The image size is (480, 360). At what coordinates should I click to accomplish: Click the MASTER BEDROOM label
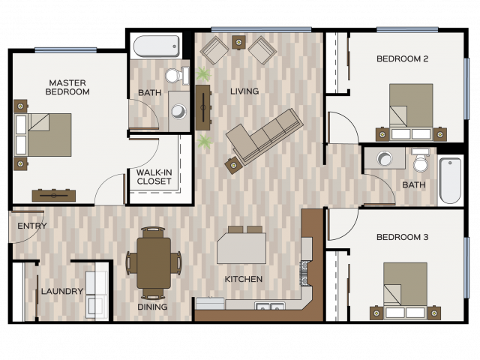click(x=67, y=87)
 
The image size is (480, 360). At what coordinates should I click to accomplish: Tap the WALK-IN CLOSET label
click(x=154, y=177)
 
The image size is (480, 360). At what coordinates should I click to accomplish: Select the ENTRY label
click(x=32, y=226)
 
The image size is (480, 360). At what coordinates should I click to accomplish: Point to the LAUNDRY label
click(x=62, y=291)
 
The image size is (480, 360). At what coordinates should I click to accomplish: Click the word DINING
click(x=152, y=307)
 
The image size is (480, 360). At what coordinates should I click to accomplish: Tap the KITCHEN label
click(x=244, y=279)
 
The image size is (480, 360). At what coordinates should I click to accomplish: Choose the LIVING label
click(x=244, y=91)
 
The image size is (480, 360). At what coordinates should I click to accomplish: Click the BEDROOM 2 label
click(x=402, y=58)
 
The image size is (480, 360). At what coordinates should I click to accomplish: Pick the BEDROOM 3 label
click(x=402, y=237)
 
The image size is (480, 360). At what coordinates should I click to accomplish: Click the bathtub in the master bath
click(x=157, y=46)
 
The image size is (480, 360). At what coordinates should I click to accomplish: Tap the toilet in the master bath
click(x=177, y=76)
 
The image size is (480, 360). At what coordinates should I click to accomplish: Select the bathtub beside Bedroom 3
click(x=450, y=181)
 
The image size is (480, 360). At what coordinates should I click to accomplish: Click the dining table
click(x=154, y=263)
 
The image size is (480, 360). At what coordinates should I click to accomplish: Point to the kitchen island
click(x=241, y=248)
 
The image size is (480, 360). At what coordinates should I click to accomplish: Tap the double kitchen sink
click(x=270, y=306)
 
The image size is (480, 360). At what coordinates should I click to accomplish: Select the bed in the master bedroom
click(x=43, y=135)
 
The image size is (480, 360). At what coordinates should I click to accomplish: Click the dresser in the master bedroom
click(x=54, y=196)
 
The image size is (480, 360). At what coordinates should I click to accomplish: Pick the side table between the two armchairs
click(x=238, y=42)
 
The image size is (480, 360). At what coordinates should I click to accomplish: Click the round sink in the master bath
click(x=178, y=112)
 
